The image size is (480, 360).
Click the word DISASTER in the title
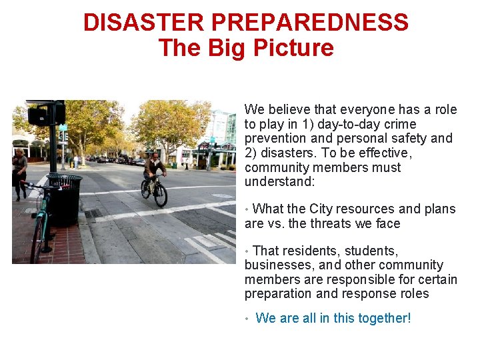143,23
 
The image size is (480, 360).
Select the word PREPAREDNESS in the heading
309,23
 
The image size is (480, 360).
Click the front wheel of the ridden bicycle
161,194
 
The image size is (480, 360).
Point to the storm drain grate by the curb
93,214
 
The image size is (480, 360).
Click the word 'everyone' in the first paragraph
367,109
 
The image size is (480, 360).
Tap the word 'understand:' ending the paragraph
278,182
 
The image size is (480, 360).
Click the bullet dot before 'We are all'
247,319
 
